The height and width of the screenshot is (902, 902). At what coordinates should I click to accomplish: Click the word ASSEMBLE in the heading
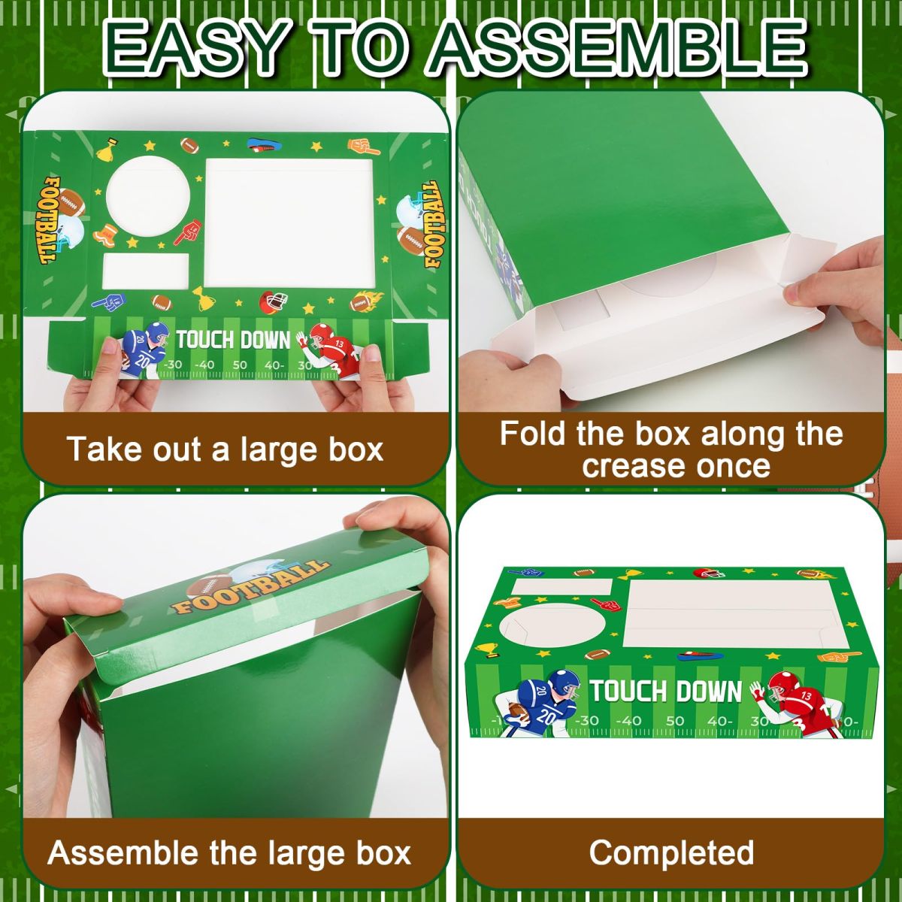618,49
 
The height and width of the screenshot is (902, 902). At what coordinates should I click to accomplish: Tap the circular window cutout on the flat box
148,196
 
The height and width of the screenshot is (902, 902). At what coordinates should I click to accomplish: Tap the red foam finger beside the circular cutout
188,232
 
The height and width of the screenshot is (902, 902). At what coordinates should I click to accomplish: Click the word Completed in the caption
671,853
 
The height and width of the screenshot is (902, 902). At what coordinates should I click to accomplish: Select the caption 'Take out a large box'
225,449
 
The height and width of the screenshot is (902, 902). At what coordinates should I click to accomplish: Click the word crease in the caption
622,466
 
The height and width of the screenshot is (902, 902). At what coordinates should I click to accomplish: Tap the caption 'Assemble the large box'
229,853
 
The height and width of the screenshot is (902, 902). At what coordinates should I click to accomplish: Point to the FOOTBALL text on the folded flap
250,588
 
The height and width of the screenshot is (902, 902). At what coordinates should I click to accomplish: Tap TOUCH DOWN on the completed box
666,692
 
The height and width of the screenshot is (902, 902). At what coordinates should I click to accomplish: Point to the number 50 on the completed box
674,722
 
